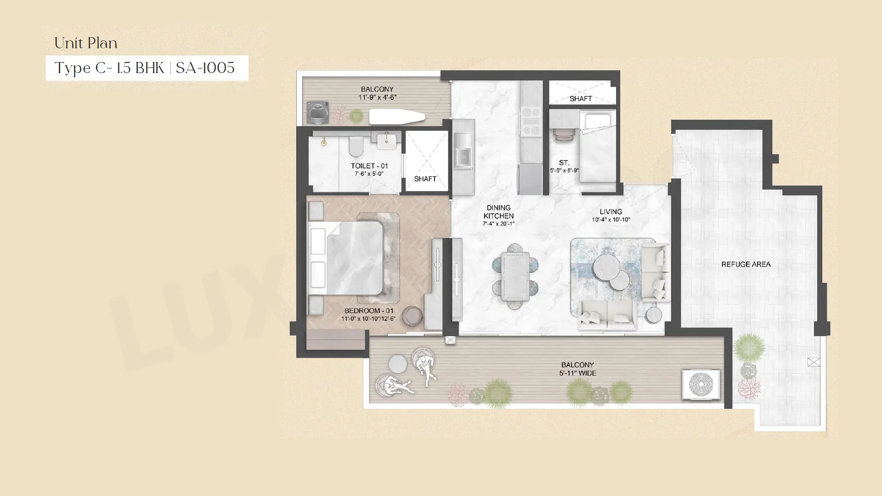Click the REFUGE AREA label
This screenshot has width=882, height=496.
tap(746, 265)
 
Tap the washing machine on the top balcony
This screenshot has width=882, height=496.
tap(317, 112)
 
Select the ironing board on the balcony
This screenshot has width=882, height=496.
tap(397, 117)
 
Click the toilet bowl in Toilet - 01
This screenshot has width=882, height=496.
tap(356, 146)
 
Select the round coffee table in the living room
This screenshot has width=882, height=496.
tap(606, 267)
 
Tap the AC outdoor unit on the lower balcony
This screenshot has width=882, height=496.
tap(701, 384)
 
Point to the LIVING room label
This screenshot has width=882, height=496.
tap(611, 212)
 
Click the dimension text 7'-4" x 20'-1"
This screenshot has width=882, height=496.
tap(498, 224)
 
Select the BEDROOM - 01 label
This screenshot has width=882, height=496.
tap(369, 311)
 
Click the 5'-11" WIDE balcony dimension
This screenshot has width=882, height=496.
tap(578, 373)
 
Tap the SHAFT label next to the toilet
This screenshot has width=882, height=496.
tap(425, 179)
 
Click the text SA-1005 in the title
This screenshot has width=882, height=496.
tap(205, 68)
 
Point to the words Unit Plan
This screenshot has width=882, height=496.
tap(86, 43)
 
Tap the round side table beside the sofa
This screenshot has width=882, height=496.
tap(654, 315)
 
